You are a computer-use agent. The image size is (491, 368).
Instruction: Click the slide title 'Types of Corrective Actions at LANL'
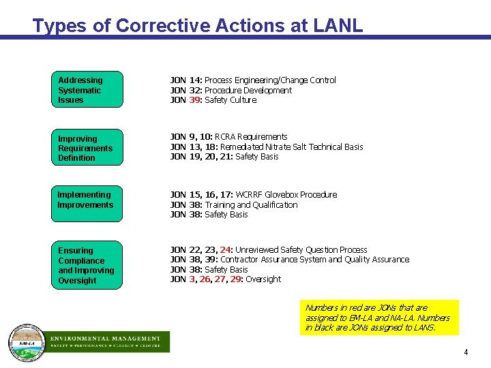click(198, 26)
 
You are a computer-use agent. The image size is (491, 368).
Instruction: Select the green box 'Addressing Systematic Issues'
click(87, 90)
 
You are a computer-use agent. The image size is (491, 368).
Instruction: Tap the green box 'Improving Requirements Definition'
click(87, 148)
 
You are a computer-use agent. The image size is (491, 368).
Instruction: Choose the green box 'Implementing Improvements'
click(87, 203)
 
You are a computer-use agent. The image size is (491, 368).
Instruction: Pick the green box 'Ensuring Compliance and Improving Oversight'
click(87, 265)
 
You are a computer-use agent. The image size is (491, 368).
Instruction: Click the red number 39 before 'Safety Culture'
click(195, 100)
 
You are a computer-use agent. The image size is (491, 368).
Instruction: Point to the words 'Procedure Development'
click(248, 90)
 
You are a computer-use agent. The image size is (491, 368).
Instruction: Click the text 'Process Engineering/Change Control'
click(270, 80)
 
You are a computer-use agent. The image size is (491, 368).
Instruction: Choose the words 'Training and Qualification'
click(251, 204)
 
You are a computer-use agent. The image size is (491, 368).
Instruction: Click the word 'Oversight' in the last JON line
click(263, 279)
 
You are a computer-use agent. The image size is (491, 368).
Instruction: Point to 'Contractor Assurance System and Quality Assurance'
click(315, 260)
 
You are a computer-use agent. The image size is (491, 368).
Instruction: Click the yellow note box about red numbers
click(380, 318)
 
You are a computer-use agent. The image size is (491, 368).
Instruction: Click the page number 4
click(466, 352)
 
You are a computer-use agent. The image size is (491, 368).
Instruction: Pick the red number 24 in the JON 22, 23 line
click(226, 250)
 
